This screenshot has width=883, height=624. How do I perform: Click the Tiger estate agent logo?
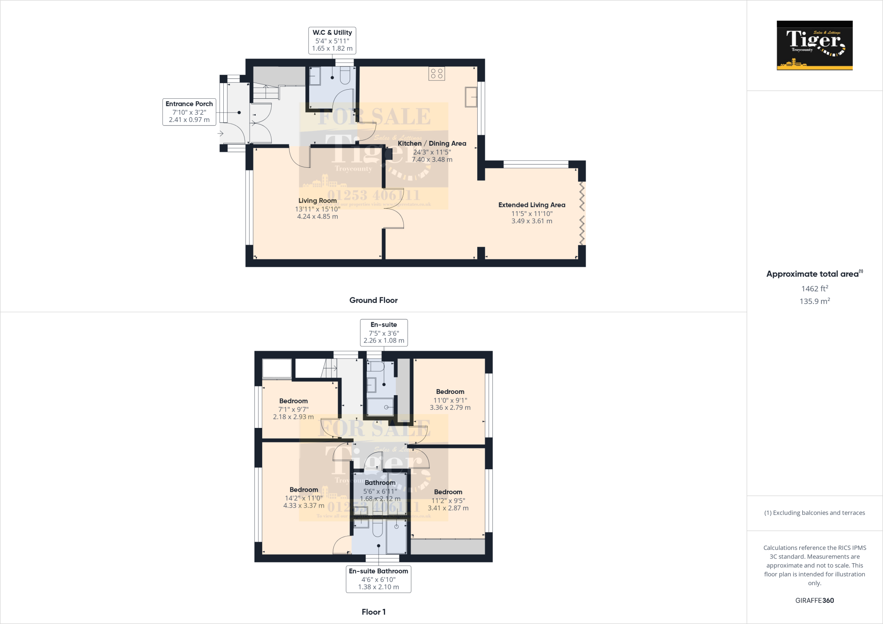814,45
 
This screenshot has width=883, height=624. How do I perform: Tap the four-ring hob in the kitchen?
437,74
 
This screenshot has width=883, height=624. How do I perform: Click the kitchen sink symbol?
471,97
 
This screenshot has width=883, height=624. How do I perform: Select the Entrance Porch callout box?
189,112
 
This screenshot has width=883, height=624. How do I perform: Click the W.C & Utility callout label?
332,41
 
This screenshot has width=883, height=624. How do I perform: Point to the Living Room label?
317,201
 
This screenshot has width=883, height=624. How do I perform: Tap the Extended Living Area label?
532,205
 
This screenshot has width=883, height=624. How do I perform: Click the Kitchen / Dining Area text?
432,144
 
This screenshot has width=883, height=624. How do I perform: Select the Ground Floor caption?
373,300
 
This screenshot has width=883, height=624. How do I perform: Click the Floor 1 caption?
373,612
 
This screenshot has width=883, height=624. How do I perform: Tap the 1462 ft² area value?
814,289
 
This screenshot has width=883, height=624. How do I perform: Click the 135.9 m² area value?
814,301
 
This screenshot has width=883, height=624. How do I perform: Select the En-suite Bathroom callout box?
378,579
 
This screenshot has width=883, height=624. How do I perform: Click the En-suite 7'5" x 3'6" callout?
384,333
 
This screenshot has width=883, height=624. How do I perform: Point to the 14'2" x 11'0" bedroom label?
304,498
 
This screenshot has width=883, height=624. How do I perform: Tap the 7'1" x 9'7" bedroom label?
293,409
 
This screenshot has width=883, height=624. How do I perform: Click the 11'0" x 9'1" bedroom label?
450,399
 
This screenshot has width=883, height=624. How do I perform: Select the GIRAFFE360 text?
814,600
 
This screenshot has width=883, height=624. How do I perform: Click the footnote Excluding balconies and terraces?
814,513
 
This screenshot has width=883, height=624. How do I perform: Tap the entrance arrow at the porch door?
220,134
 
